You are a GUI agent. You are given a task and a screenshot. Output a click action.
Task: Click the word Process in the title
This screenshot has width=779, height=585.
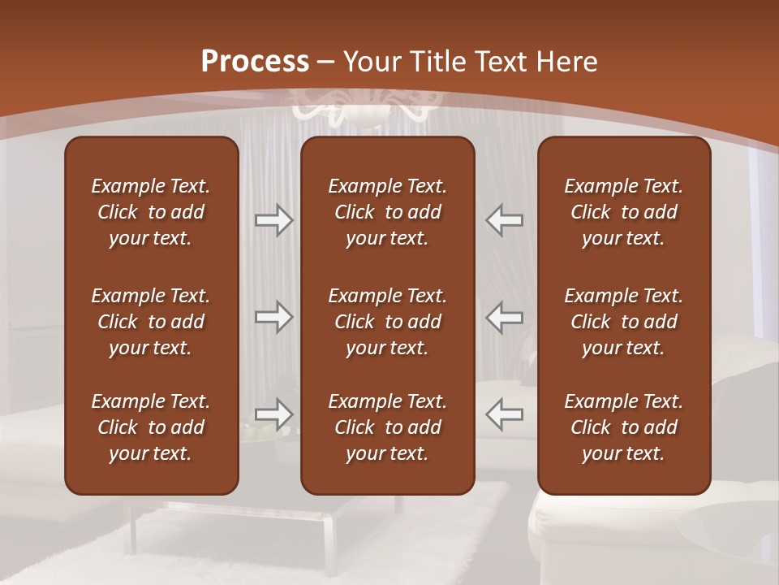(x=255, y=62)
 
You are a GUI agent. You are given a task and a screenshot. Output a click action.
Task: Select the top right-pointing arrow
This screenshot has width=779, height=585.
(x=273, y=220)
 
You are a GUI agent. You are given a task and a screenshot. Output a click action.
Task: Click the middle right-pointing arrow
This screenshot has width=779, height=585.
(x=273, y=317)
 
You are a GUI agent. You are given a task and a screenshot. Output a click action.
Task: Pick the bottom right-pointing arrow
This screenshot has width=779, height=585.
(x=273, y=414)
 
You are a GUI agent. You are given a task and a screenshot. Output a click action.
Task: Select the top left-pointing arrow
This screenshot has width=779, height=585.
(x=504, y=220)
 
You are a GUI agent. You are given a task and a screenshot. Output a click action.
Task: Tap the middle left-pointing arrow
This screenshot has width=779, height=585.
(x=504, y=317)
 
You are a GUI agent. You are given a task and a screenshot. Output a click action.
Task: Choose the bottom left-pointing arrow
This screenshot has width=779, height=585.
(x=504, y=414)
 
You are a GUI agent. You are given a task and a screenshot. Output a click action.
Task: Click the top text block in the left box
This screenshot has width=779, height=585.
(x=151, y=212)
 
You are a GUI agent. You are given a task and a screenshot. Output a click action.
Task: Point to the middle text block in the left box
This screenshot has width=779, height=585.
(x=151, y=322)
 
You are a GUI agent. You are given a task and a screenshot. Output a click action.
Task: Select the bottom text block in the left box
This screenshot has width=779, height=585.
(x=151, y=427)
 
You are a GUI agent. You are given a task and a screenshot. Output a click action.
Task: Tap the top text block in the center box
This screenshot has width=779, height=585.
(x=387, y=212)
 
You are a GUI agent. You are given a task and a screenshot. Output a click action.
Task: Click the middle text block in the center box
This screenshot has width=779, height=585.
(x=387, y=322)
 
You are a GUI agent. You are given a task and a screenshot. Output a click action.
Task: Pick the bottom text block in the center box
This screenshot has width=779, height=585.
(x=387, y=427)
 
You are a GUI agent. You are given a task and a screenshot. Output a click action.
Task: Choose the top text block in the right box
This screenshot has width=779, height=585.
(x=624, y=212)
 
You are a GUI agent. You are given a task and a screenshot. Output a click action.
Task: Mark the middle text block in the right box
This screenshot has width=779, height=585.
(x=624, y=322)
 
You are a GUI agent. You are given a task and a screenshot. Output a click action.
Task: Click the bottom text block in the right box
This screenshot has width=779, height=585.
(x=624, y=427)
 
